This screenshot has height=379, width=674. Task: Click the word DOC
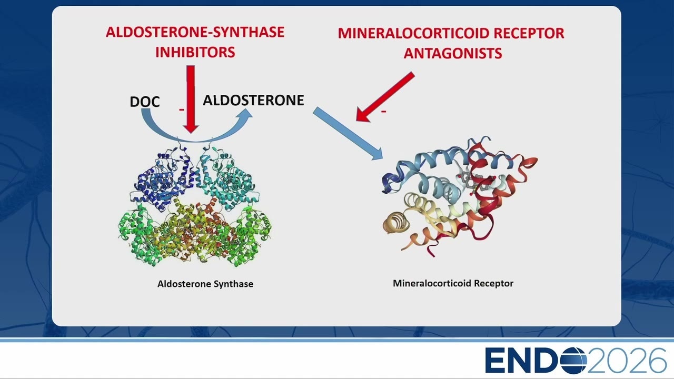(x=145, y=102)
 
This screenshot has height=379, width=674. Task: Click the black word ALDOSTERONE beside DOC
(x=253, y=100)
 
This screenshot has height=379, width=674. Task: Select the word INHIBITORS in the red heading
(x=195, y=52)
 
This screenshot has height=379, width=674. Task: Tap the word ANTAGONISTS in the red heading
(x=452, y=53)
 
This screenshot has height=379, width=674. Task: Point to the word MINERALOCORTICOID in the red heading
(x=413, y=33)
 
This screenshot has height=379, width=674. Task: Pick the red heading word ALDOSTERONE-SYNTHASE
(x=195, y=32)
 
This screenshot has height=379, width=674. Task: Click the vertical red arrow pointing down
(x=191, y=99)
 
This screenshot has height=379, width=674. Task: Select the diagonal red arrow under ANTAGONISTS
(x=385, y=96)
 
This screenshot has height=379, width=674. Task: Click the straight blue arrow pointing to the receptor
(x=348, y=133)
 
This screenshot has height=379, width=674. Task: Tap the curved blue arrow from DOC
(x=196, y=138)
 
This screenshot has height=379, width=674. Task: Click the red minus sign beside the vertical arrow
(x=182, y=110)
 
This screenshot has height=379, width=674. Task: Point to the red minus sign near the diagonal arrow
(x=384, y=112)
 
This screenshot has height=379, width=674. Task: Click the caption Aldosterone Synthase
(x=205, y=284)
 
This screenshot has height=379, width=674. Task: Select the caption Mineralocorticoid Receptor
(x=453, y=283)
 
